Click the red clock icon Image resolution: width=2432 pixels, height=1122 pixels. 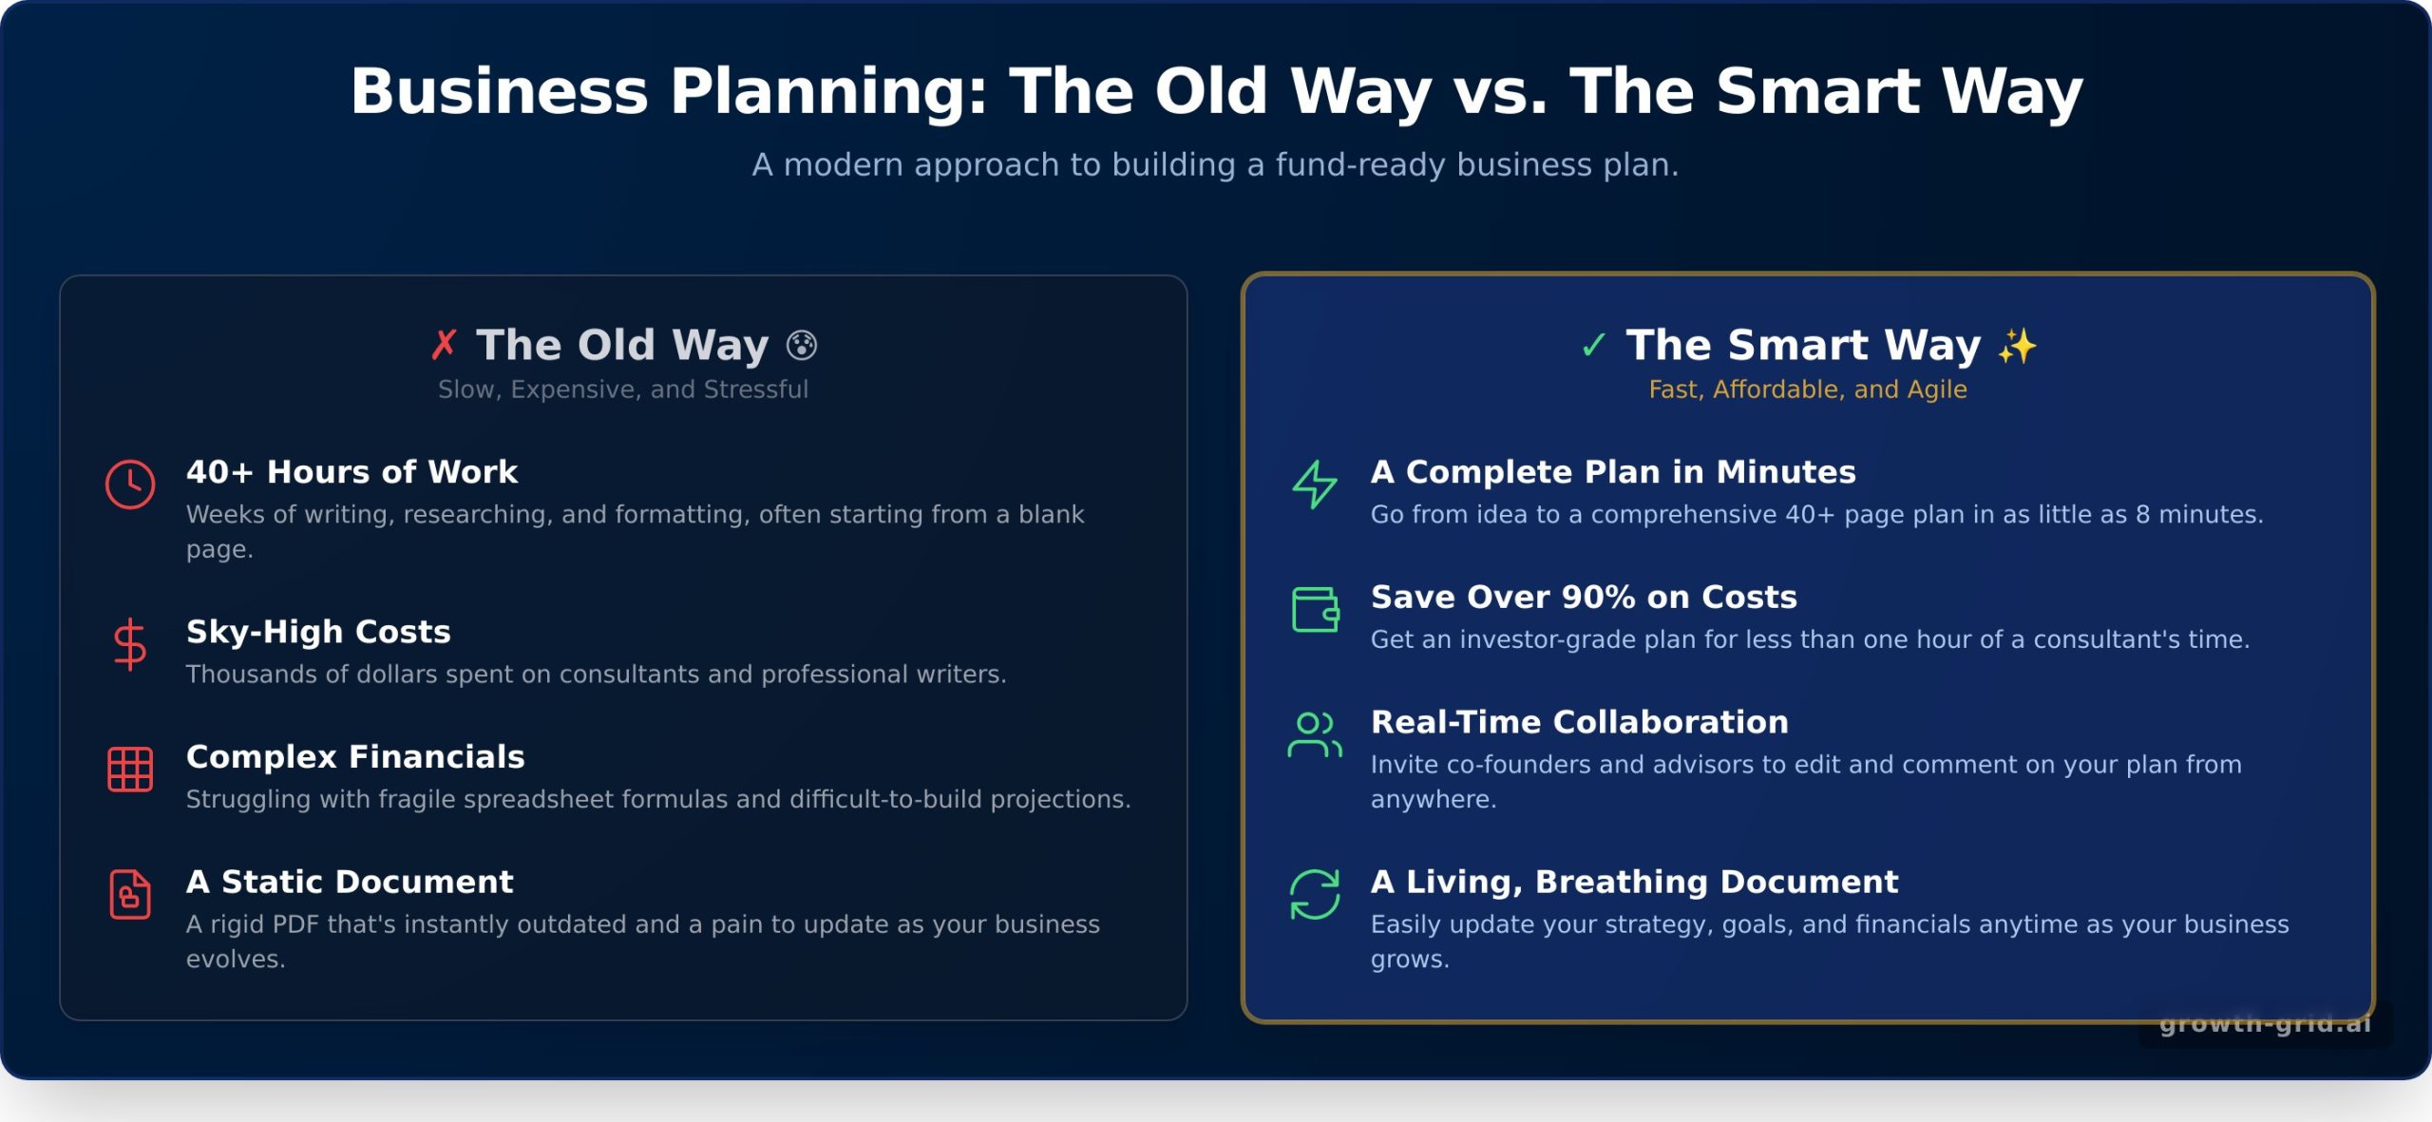[130, 485]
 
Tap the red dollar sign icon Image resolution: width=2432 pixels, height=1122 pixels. [130, 645]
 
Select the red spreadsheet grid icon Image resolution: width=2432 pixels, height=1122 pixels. [130, 770]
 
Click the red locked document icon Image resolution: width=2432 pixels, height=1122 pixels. [130, 894]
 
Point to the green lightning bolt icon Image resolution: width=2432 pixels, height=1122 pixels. [1315, 485]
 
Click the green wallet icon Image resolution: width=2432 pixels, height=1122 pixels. [1315, 609]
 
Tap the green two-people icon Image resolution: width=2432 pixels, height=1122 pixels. [1315, 734]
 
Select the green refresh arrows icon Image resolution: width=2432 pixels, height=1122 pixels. [1315, 894]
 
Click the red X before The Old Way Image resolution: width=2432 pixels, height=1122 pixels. [444, 345]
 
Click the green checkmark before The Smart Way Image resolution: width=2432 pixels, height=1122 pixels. [1594, 345]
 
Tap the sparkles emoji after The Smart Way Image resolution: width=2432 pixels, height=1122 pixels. [2016, 346]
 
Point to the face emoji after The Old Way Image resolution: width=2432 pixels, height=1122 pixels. [802, 345]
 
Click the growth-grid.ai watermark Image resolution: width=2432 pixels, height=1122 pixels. [2265, 1024]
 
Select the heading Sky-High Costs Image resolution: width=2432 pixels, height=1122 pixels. [318, 632]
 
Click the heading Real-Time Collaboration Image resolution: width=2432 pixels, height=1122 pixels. [1579, 722]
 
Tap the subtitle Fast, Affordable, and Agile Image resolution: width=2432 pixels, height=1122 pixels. [1807, 390]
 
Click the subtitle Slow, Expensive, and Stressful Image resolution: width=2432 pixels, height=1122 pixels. [623, 390]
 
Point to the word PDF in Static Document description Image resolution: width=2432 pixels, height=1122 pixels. [295, 924]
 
